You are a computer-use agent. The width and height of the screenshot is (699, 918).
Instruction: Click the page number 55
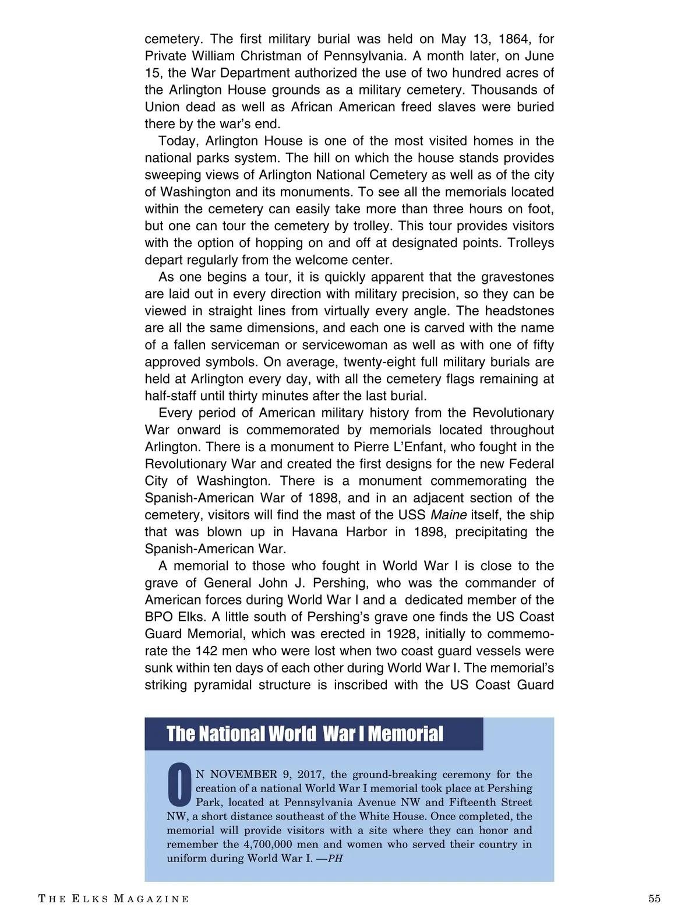pyautogui.click(x=654, y=898)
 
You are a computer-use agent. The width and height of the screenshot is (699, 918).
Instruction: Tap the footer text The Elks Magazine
pyautogui.click(x=114, y=899)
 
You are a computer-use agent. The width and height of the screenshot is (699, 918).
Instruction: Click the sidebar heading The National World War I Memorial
pyautogui.click(x=305, y=734)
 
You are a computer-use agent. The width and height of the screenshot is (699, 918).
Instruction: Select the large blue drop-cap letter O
pyautogui.click(x=179, y=782)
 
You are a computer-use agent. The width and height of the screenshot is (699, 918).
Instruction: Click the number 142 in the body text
pyautogui.click(x=206, y=650)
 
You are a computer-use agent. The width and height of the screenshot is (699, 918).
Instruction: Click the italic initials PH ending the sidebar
pyautogui.click(x=336, y=859)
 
